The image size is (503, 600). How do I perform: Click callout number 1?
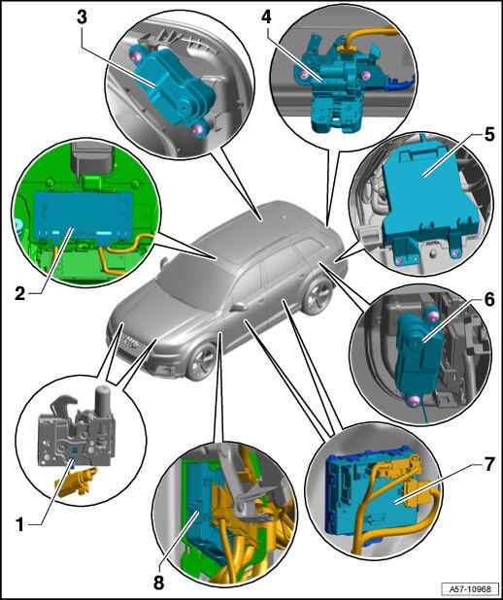pos(19,524)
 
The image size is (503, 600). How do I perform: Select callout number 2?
pos(20,294)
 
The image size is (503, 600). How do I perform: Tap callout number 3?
pos(82,18)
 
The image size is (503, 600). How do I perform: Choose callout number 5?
pos(488,135)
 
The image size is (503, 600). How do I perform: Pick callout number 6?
pos(488,300)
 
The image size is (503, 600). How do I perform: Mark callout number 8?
pos(158,583)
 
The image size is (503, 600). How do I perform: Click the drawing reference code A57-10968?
pos(470,588)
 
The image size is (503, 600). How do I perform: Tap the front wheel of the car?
pos(202,361)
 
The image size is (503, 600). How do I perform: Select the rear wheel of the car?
pos(318,296)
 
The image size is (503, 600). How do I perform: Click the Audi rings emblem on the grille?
pos(131,343)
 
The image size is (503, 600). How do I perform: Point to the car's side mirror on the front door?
pos(238,307)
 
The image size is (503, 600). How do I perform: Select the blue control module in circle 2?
pos(84,217)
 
